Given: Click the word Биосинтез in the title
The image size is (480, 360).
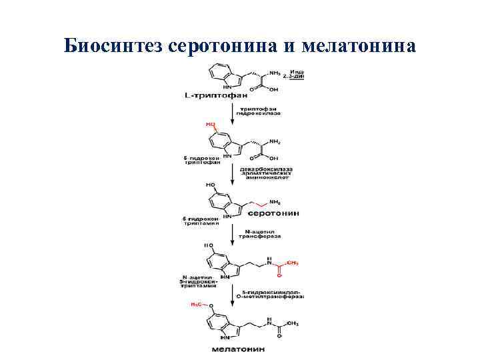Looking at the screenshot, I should [114, 46].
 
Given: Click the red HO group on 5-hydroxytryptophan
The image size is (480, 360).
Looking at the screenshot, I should [211, 125].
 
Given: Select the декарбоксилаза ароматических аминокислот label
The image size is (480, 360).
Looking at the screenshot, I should [265, 175].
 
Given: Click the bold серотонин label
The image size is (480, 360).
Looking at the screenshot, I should [273, 213].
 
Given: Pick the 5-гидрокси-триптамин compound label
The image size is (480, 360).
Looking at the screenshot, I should [200, 221].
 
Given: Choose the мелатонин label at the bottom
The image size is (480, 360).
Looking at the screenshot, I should [238, 349].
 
